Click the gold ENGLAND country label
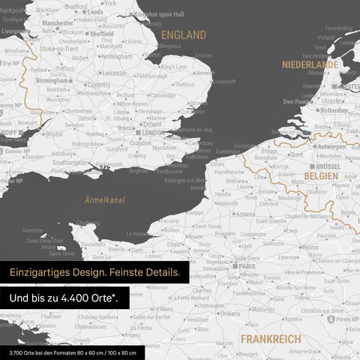pos(184,35)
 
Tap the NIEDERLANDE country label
pos(310,65)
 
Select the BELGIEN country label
pos(321,175)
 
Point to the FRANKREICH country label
pos(271,339)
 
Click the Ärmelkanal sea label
pos(104,200)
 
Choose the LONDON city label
pos(152,133)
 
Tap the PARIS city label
pos(250,265)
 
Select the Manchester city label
pos(58,23)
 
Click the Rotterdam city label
pos(333,110)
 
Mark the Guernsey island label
pos(33,230)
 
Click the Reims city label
pos(310,246)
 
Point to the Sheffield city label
pos(101,34)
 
